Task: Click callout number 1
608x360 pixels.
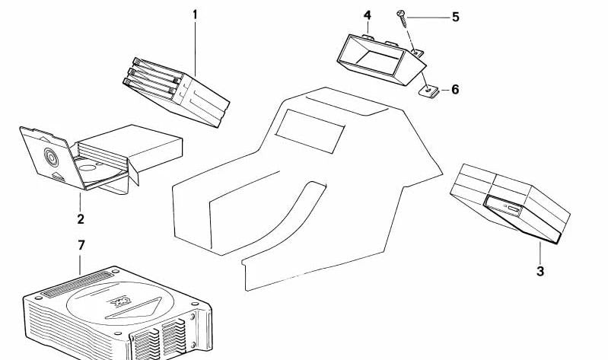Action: tap(195, 15)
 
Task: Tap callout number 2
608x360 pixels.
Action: tap(80, 219)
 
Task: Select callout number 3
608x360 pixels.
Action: tap(540, 271)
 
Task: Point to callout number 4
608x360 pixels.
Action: tap(368, 15)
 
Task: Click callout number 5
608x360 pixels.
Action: tap(456, 17)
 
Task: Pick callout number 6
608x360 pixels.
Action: tap(455, 90)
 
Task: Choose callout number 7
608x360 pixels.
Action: tap(81, 245)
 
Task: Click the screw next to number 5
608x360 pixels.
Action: tap(402, 18)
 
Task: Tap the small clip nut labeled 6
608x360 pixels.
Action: tap(429, 91)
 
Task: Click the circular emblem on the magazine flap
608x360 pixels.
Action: tap(51, 157)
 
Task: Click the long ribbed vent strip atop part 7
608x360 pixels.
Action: tap(77, 285)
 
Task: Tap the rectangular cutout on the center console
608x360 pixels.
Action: tap(310, 131)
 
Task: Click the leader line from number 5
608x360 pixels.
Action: tap(428, 18)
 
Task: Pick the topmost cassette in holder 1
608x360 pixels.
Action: tap(157, 67)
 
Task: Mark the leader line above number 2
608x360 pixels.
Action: tap(80, 201)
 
